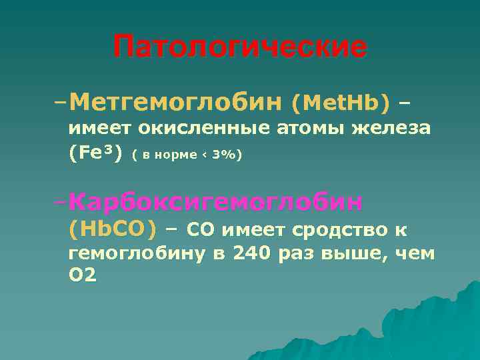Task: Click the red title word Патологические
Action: pos(240,47)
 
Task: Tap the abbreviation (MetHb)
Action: pos(340,103)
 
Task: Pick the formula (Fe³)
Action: pos(96,153)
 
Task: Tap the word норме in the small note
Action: pos(177,155)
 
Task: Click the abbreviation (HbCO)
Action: pos(112,230)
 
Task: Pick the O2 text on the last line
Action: pos(82,276)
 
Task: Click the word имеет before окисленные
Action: pos(99,128)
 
